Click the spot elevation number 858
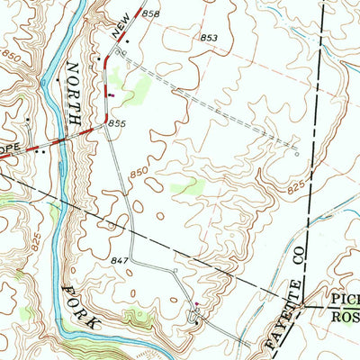pyautogui.click(x=150, y=14)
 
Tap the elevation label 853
pyautogui.click(x=209, y=37)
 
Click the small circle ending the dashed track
pyautogui.click(x=298, y=154)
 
